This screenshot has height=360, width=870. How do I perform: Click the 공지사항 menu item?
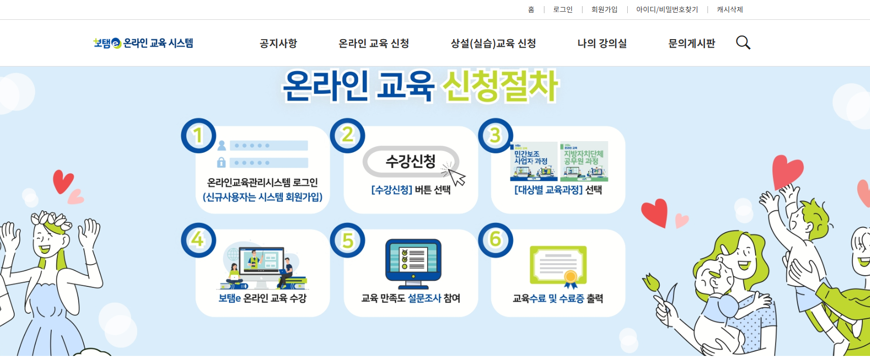click(278, 44)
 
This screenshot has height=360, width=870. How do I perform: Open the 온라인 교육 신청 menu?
click(373, 44)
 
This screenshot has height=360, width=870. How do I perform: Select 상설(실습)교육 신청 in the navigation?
click(493, 44)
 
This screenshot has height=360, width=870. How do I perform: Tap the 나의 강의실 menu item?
click(602, 44)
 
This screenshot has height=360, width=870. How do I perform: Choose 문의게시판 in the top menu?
click(691, 44)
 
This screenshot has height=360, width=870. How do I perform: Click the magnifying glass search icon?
click(743, 43)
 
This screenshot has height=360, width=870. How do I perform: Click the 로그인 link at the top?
click(563, 10)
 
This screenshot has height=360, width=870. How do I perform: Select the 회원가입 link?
click(604, 10)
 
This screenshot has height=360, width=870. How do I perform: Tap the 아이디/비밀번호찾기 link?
click(667, 10)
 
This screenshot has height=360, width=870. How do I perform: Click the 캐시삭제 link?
click(730, 10)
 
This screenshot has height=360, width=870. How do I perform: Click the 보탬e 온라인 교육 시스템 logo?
click(143, 43)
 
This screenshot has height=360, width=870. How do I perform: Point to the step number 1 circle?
click(199, 136)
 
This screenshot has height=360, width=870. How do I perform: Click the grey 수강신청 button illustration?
click(410, 162)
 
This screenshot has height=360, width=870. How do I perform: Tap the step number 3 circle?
click(495, 136)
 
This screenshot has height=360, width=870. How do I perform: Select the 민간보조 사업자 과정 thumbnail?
click(533, 161)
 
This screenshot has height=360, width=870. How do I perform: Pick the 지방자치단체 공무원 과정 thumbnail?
click(584, 161)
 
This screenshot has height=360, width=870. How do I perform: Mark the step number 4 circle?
click(199, 240)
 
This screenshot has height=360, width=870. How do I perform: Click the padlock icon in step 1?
click(221, 162)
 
